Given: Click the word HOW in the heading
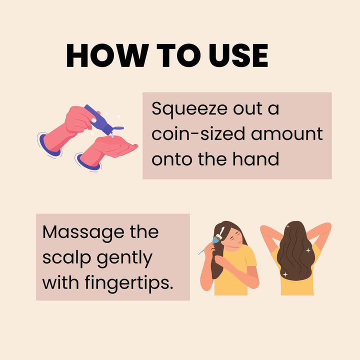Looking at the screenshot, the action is (107, 55).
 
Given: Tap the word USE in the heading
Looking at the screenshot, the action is (238, 55).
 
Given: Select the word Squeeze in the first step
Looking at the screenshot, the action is (189, 109).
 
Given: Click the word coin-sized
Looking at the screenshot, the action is (198, 133).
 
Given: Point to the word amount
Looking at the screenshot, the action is (287, 134).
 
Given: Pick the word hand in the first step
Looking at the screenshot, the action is (256, 158).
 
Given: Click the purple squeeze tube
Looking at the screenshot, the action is (99, 119).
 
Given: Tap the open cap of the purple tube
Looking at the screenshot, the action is (118, 128).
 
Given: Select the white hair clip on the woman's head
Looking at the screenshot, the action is (220, 232).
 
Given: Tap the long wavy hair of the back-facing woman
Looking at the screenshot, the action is (295, 250).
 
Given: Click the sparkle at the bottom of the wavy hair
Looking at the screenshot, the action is (285, 274).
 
